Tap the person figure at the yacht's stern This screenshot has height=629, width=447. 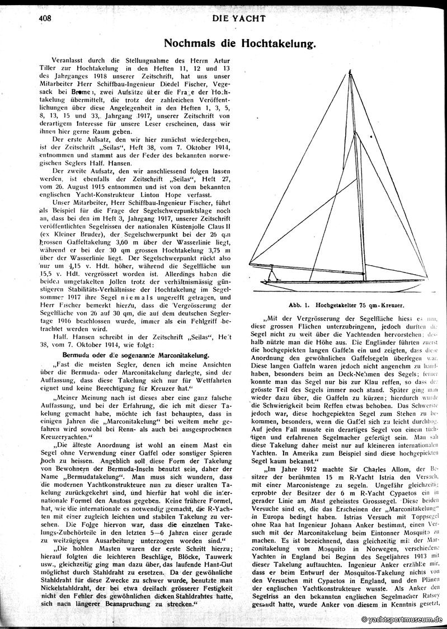[x=273, y=274]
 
